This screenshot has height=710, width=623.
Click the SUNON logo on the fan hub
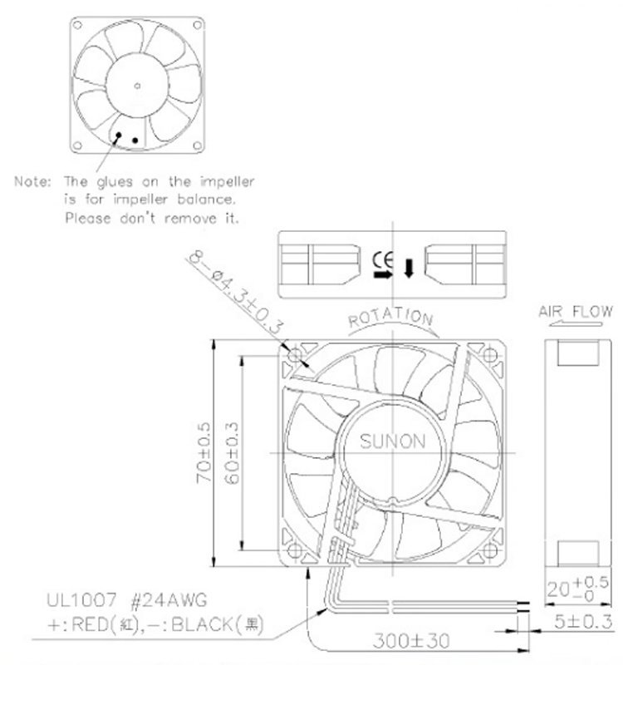click(x=392, y=441)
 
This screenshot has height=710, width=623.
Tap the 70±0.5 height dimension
click(x=204, y=452)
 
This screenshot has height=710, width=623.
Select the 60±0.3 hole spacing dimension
click(x=231, y=453)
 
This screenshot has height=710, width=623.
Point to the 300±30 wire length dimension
click(x=411, y=641)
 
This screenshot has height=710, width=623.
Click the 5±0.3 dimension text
click(x=583, y=622)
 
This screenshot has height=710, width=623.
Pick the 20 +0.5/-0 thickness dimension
click(x=577, y=589)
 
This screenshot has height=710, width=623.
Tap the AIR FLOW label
click(x=576, y=312)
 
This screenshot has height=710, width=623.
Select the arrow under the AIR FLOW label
click(x=576, y=323)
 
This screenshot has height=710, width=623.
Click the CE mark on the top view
click(x=383, y=260)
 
